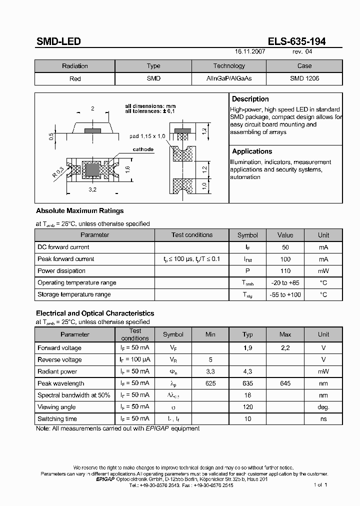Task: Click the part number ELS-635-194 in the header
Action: click(296, 42)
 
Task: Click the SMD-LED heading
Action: click(58, 42)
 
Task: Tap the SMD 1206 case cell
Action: click(304, 78)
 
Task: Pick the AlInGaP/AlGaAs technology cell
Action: click(229, 78)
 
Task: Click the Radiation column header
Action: click(75, 66)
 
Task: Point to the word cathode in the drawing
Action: click(143, 149)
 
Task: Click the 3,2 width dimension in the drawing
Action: click(92, 190)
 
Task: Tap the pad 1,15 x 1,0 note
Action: click(147, 136)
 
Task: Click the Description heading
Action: click(250, 99)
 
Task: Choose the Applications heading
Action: click(252, 151)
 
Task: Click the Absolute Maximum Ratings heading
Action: click(80, 211)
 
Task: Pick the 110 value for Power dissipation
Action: click(285, 271)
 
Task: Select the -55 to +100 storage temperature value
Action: click(285, 295)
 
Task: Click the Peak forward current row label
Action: click(66, 259)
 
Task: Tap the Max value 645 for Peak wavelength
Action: click(285, 383)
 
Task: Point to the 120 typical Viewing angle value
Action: click(247, 407)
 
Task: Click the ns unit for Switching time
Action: click(323, 419)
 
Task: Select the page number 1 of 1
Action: click(320, 485)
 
